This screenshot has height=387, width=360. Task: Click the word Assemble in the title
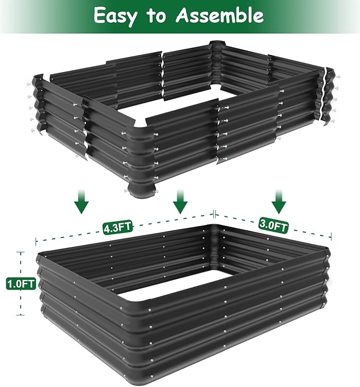[219, 16]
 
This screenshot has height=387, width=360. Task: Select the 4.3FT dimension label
[118, 228]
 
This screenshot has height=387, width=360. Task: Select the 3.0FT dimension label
[274, 225]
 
